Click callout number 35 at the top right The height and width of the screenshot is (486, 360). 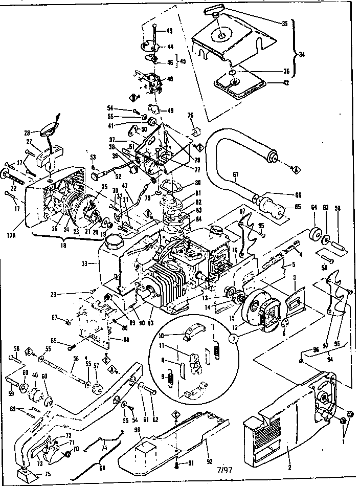point(284,24)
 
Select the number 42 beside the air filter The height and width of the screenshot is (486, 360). point(284,82)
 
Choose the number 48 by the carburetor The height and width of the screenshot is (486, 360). point(170,79)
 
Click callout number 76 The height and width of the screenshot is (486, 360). point(190,115)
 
